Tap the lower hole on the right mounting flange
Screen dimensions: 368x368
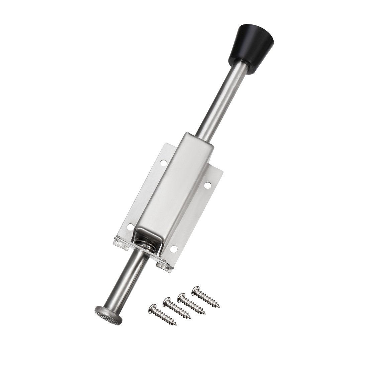coord(173,249)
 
